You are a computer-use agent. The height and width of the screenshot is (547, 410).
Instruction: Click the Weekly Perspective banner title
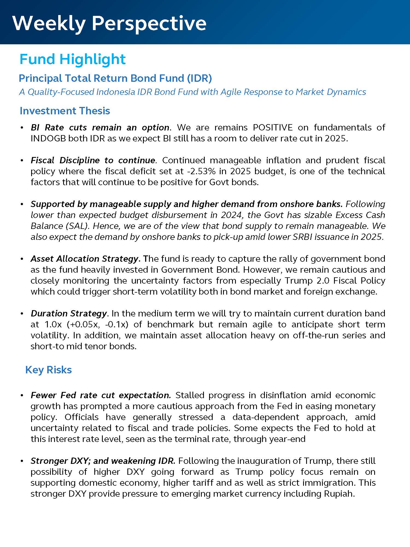109,23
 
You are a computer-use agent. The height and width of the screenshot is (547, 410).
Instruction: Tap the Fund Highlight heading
72,59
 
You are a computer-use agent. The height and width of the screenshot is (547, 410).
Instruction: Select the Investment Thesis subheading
65,111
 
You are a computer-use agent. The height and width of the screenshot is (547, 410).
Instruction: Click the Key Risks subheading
48,370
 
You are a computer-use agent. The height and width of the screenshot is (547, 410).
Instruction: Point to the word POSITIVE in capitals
273,127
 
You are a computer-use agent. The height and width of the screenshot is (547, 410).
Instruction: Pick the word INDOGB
48,138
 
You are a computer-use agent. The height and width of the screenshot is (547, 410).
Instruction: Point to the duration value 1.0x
53,324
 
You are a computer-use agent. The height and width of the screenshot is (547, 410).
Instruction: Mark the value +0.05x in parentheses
82,324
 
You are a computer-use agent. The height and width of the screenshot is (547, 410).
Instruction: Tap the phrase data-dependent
266,417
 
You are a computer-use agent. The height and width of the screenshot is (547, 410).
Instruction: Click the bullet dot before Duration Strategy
22,314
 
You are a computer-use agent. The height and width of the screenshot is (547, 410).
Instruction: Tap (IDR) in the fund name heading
199,78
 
